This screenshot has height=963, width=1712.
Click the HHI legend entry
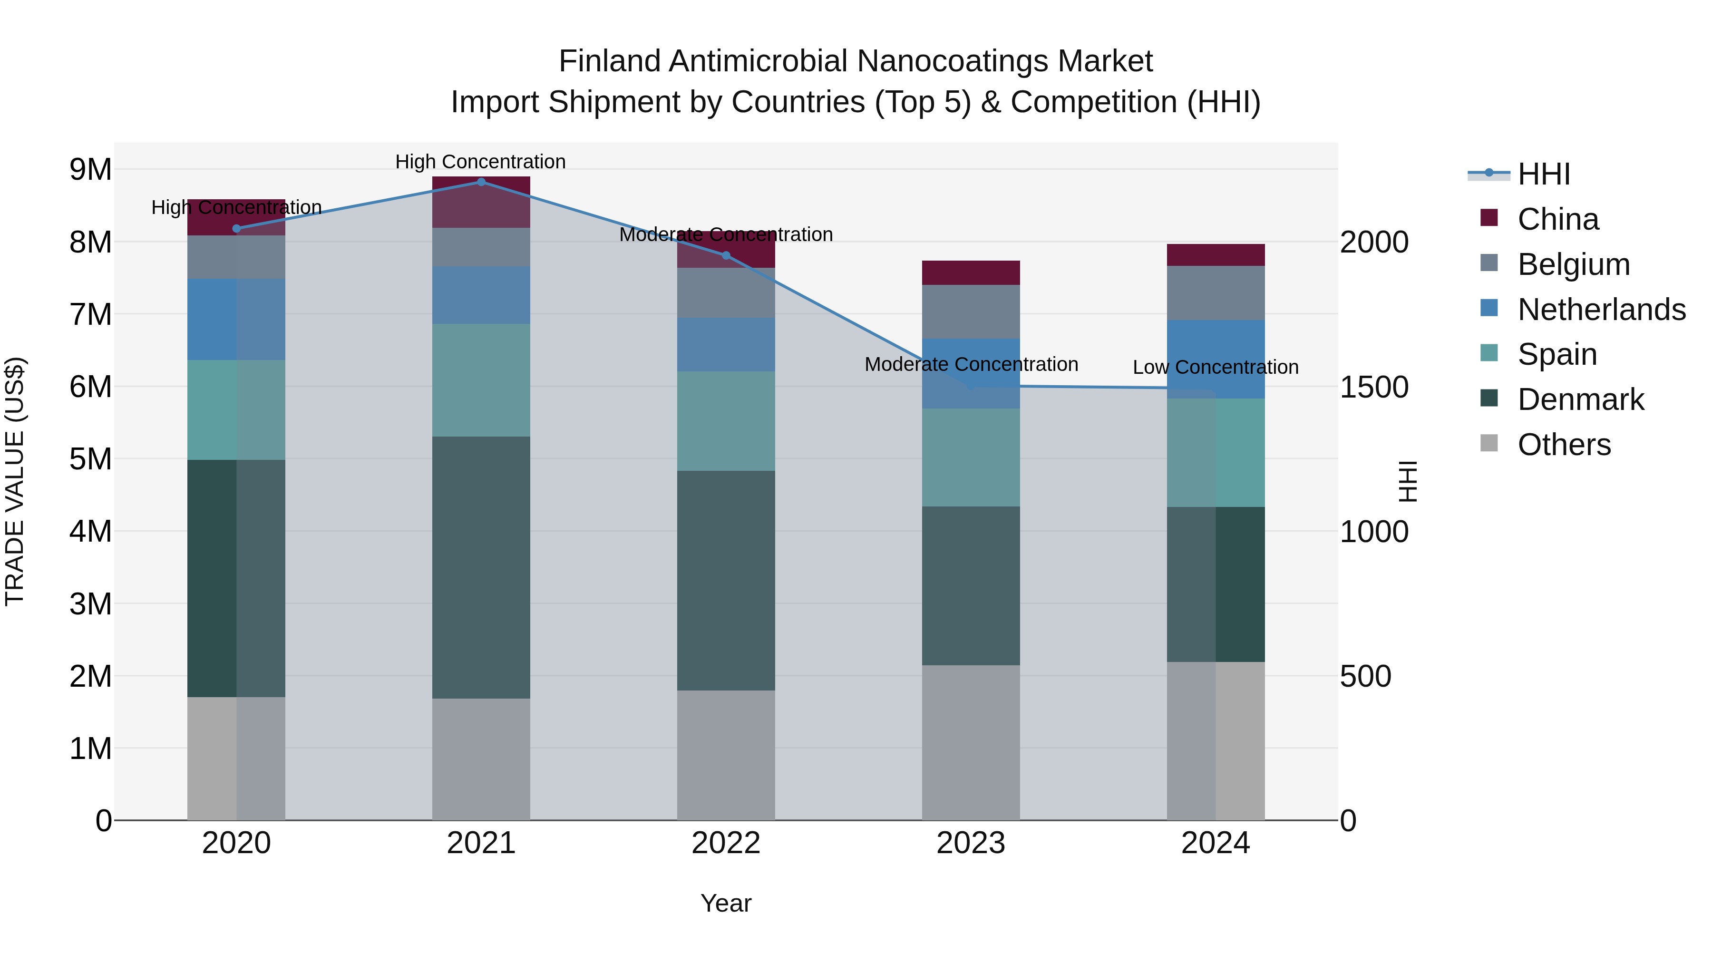coord(1543,174)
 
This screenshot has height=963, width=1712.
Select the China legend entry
coord(1558,219)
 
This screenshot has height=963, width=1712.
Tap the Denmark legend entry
coord(1580,399)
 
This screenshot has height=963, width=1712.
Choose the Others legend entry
coord(1564,445)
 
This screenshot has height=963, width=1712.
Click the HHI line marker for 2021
coord(481,182)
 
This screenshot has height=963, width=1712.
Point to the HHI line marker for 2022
coord(726,256)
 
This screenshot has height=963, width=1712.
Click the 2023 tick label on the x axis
coord(970,843)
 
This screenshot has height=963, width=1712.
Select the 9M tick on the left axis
coord(90,169)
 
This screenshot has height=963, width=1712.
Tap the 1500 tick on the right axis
coord(1374,387)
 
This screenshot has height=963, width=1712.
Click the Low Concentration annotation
coord(1215,367)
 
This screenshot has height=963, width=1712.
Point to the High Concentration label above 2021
coord(480,162)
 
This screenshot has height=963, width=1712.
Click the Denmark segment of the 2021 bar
coord(481,567)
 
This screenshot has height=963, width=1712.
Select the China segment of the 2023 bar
coord(970,272)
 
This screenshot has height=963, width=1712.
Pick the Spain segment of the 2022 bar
coord(726,421)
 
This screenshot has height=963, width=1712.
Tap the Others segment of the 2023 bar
coord(970,742)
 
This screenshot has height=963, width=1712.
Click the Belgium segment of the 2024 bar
coord(1215,293)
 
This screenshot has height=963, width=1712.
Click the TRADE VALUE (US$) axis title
coord(15,481)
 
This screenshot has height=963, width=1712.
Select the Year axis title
coord(726,903)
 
